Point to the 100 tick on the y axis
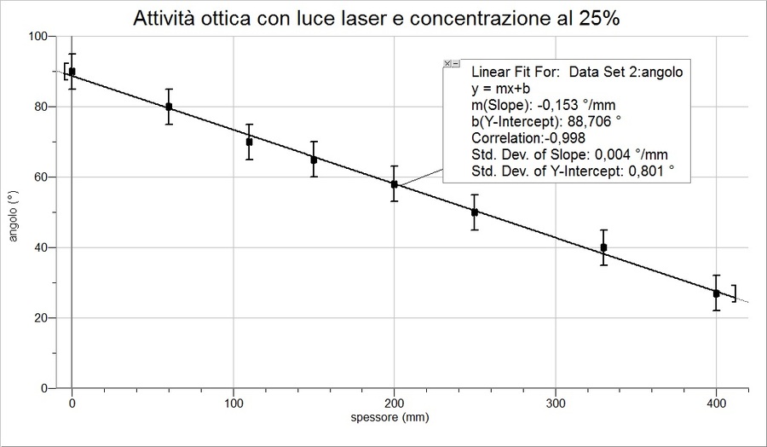[x=36, y=37]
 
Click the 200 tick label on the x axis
[x=394, y=402]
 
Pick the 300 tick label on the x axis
[x=555, y=402]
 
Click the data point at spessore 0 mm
[x=72, y=72]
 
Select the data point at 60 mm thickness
[x=169, y=107]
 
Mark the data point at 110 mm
[x=249, y=142]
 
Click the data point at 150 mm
[x=314, y=160]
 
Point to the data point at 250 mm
[x=475, y=212]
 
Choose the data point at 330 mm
[x=603, y=247]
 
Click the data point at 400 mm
[x=716, y=293]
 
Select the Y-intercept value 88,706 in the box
[x=593, y=122]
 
